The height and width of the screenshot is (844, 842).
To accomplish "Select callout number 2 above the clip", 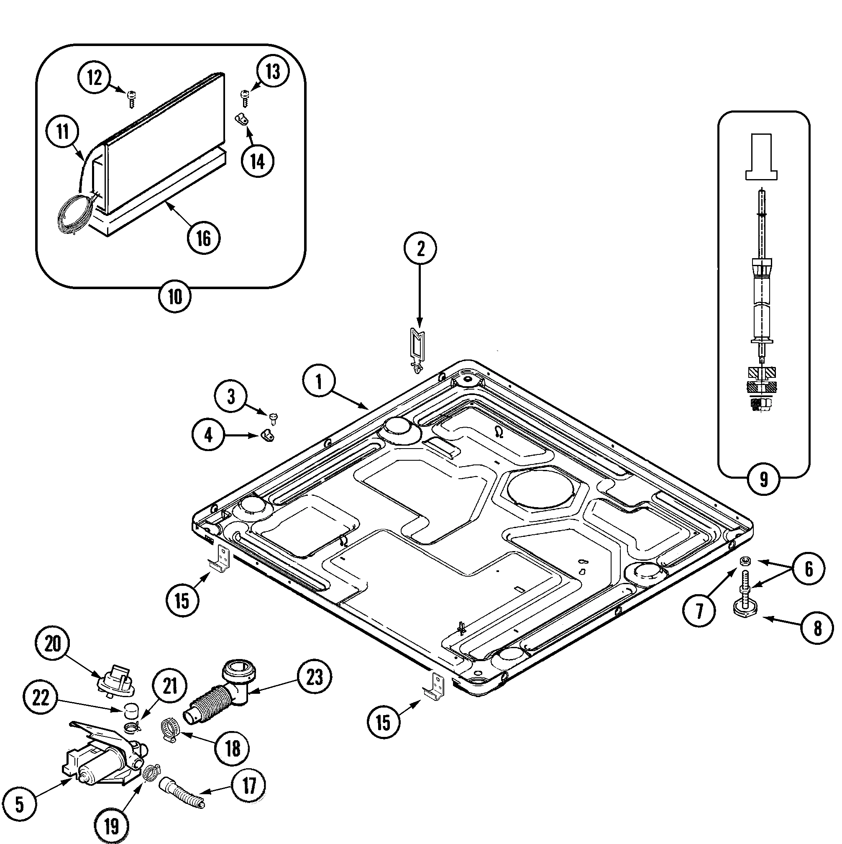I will coord(420,249).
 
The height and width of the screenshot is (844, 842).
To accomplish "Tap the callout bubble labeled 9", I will coord(763,479).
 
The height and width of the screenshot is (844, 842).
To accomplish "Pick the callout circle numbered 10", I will coord(175,297).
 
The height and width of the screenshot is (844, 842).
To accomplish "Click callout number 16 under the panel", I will coord(204,238).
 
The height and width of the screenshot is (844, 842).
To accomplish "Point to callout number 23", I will coord(315,677).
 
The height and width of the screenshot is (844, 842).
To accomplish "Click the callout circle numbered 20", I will coord(53,644).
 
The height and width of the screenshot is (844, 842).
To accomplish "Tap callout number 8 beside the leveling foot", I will coord(817,628).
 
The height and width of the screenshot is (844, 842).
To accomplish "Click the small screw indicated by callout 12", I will coord(131,99).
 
